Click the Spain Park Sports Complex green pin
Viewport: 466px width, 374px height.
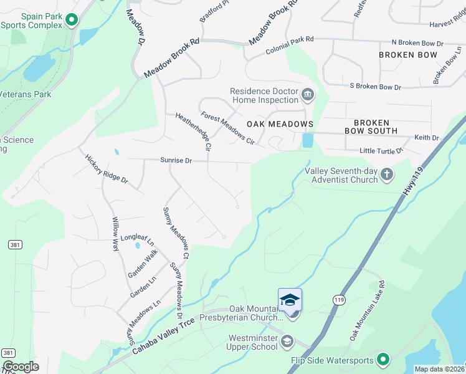[72, 20]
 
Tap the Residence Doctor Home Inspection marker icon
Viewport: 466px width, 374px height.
[307, 95]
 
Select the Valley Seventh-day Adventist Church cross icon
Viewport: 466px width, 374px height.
[387, 174]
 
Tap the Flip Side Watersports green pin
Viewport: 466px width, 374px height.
[383, 359]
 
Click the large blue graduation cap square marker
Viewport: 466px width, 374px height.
[290, 300]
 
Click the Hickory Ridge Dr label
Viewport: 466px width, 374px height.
[106, 169]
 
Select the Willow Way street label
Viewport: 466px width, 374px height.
[115, 234]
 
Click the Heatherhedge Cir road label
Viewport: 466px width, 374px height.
[194, 132]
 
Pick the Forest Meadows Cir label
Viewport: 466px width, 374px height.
[228, 128]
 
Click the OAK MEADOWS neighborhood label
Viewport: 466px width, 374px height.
[280, 124]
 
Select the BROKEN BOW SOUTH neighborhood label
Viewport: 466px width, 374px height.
[371, 127]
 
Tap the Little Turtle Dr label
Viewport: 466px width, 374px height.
[381, 151]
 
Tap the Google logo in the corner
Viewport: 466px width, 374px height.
[21, 367]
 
